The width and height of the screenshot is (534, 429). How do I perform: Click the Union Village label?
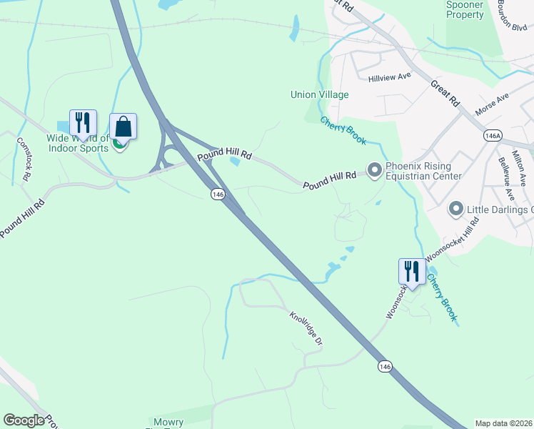pyautogui.click(x=319, y=94)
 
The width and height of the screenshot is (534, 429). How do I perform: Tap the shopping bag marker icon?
pyautogui.click(x=123, y=127)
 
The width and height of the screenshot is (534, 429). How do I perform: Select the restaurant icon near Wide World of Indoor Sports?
pyautogui.click(x=83, y=123)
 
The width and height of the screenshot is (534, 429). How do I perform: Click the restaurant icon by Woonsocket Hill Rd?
pyautogui.click(x=411, y=272)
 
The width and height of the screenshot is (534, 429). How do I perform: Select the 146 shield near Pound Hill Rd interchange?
pyautogui.click(x=218, y=194)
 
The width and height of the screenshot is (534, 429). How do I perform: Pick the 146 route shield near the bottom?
pyautogui.click(x=386, y=366)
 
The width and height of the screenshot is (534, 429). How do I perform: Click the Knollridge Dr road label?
pyautogui.click(x=306, y=328)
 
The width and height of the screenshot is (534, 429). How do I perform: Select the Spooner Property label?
pyautogui.click(x=465, y=10)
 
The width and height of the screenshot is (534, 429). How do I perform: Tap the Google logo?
pyautogui.click(x=24, y=420)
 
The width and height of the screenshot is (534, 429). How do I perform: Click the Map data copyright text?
pyautogui.click(x=503, y=423)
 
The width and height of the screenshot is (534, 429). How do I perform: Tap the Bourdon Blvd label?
pyautogui.click(x=515, y=16)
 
